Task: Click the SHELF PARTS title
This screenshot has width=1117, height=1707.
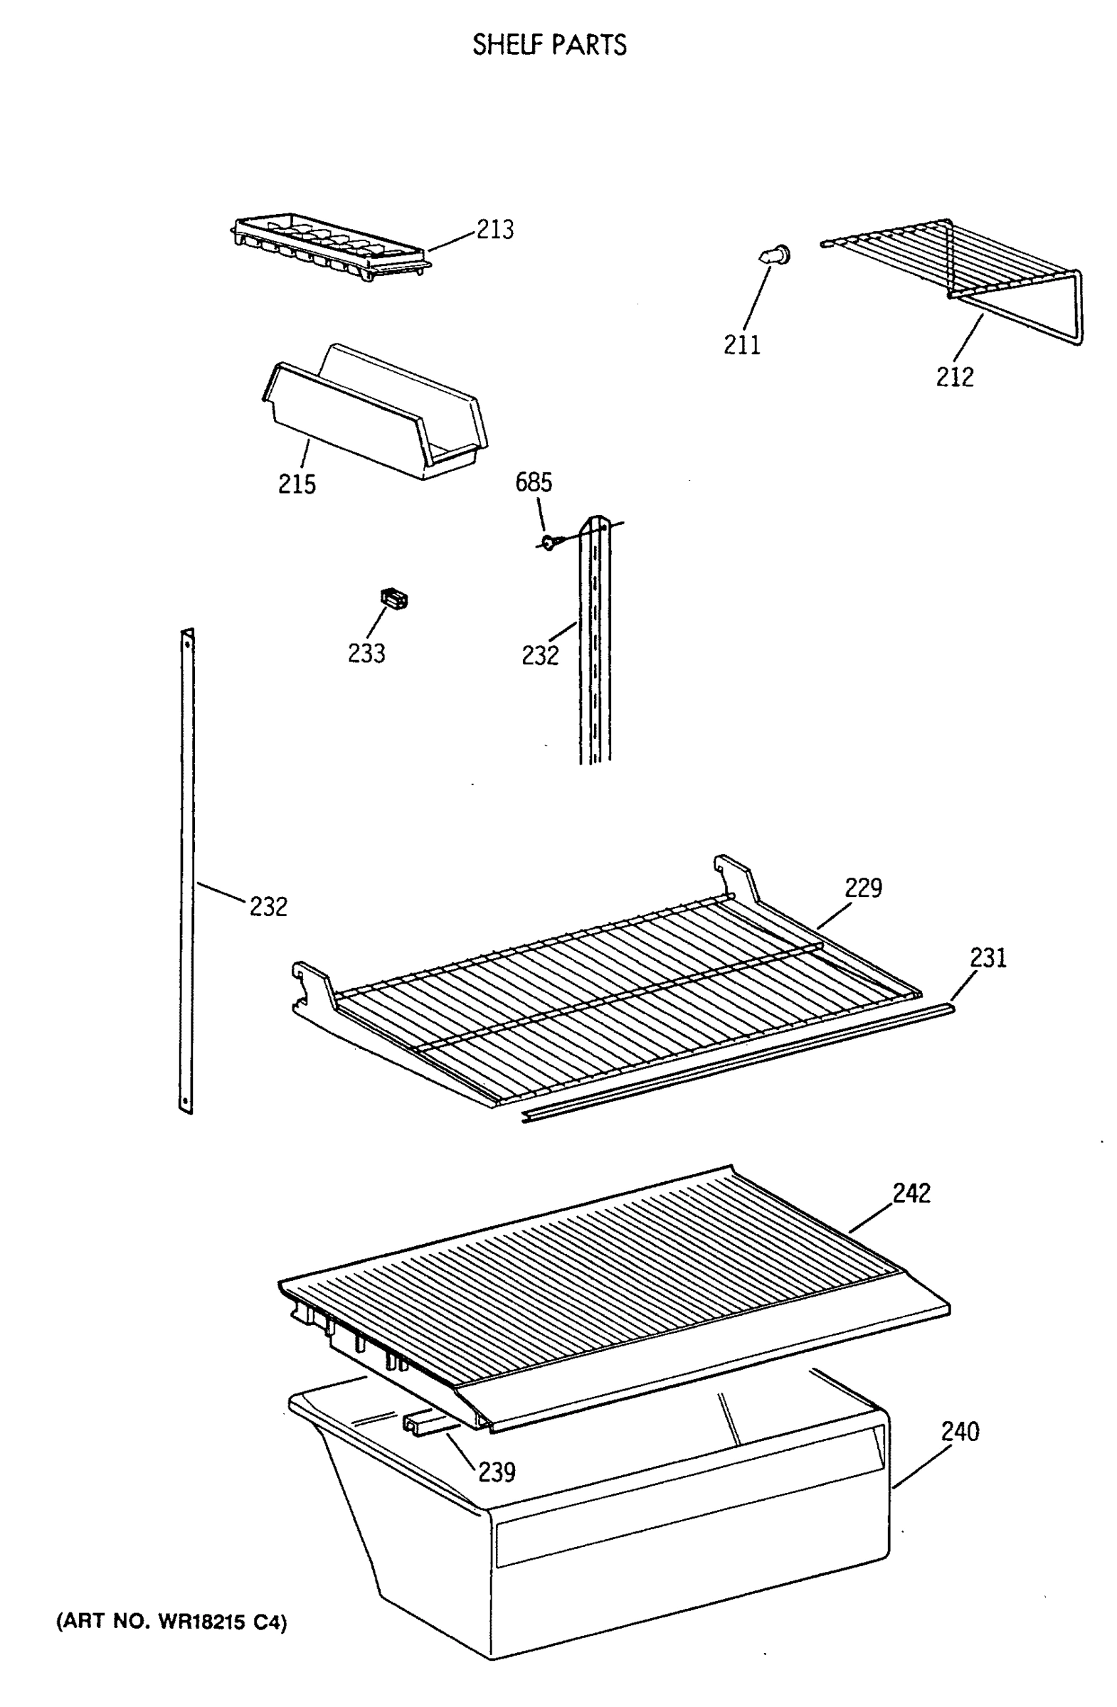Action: coord(549,46)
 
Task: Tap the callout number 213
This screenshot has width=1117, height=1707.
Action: coord(495,230)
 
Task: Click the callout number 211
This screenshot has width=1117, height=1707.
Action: coord(741,346)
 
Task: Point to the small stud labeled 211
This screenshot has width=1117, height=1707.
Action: coord(774,255)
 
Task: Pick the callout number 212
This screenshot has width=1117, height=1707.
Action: coord(954,376)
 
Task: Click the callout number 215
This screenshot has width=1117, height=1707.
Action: coord(297,484)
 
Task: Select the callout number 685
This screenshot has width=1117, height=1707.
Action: coord(534,483)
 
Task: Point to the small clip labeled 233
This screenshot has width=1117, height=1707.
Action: coord(394,597)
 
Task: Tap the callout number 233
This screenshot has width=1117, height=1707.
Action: coord(366,654)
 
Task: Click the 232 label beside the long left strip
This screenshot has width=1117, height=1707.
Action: coord(268,908)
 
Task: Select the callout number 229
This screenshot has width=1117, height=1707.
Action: coord(863,888)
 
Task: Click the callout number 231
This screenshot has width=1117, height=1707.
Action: coord(988,958)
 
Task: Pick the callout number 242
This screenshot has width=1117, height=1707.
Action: coord(911,1193)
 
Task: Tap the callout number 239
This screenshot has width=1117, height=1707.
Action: coord(497,1472)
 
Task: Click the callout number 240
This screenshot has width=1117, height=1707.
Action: coord(960,1432)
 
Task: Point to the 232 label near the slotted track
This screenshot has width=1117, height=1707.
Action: coord(539,656)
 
